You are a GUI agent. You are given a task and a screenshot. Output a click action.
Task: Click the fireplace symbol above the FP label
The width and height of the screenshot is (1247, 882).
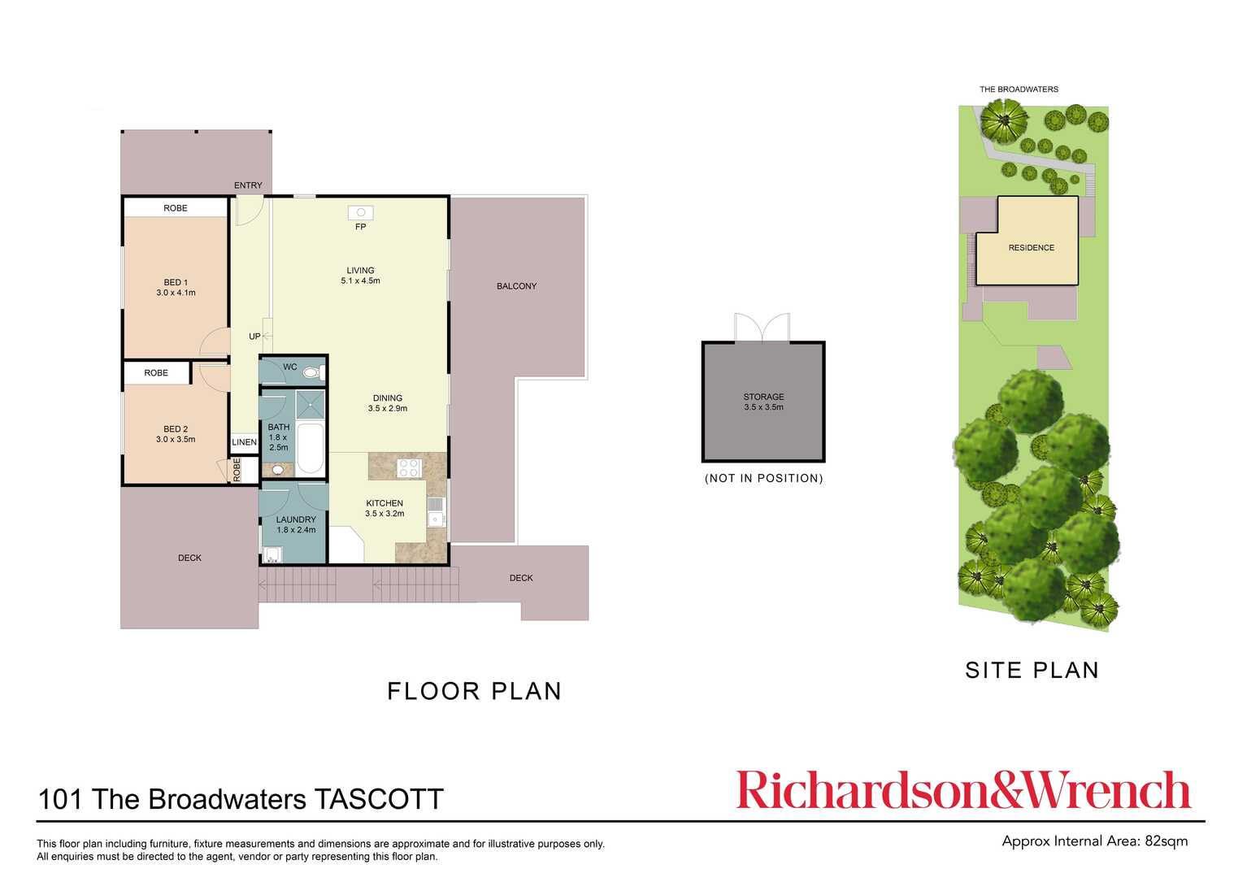(360, 213)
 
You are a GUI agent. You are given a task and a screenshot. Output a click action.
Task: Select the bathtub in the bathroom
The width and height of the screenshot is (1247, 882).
(310, 447)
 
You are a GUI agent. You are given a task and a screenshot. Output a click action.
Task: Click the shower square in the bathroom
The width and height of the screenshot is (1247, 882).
(310, 404)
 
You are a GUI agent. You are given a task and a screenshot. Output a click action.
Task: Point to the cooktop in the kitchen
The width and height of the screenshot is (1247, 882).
(409, 468)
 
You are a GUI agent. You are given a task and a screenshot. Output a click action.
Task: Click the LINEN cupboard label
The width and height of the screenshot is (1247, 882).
(244, 442)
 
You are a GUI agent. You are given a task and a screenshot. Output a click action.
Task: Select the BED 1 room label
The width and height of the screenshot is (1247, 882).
(176, 283)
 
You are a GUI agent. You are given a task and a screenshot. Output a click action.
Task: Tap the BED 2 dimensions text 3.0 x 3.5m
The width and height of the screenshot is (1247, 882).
(176, 440)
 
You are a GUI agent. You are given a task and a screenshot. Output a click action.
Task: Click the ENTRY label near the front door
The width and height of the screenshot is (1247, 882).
(248, 185)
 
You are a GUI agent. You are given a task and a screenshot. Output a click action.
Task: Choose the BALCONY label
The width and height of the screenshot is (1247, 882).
(516, 286)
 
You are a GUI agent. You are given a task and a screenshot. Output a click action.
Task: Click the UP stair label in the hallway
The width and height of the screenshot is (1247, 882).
(254, 337)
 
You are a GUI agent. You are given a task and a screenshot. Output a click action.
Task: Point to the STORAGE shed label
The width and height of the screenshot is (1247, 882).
(763, 397)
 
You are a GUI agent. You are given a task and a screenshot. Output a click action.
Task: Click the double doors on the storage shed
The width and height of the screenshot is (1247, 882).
(762, 328)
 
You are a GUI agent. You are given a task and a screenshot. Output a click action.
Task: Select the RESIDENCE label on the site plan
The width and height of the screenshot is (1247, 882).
(1031, 248)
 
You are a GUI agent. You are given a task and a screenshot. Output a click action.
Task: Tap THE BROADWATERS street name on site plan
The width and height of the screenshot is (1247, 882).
(1019, 89)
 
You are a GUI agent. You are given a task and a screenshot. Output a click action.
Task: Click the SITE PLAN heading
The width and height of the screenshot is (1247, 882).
(1032, 671)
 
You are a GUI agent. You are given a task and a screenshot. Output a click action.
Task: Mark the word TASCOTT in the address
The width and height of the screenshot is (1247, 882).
(379, 800)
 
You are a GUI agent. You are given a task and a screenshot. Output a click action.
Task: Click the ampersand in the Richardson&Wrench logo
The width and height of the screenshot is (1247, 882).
(1006, 791)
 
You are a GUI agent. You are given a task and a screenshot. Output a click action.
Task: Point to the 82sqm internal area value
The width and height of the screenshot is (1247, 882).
(1166, 841)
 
